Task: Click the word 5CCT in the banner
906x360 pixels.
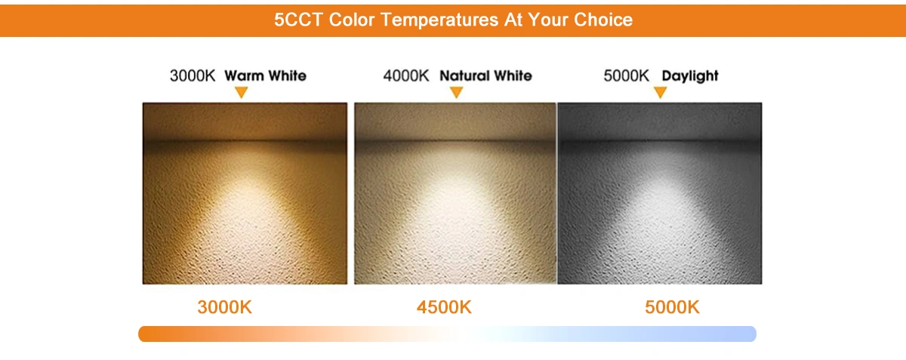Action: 298,20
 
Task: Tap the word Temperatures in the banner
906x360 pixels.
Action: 439,20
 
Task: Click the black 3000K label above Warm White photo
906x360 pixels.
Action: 193,75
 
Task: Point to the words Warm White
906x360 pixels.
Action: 265,75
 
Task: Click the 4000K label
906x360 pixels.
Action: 406,75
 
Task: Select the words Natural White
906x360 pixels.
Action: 485,75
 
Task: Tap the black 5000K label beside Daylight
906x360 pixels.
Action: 626,75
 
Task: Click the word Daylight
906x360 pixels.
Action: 690,76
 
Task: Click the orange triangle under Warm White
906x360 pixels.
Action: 242,91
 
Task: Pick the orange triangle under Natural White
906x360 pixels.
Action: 456,91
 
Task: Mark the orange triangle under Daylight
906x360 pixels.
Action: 660,91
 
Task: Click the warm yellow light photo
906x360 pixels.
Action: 245,193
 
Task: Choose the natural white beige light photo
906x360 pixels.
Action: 455,193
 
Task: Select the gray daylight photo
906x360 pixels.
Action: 660,193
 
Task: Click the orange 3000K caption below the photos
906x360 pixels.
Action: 224,307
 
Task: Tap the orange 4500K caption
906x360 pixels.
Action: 444,307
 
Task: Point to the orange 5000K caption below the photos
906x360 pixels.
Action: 672,307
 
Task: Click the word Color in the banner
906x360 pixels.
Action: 352,20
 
